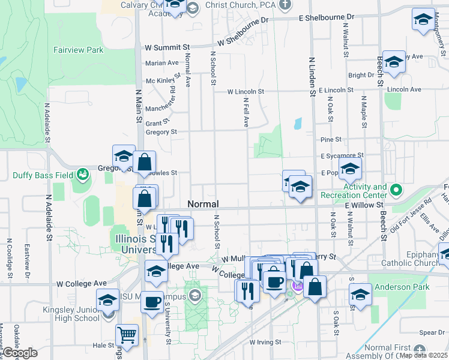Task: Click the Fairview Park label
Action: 78,51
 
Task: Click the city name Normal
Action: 203,204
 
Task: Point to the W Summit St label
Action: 167,46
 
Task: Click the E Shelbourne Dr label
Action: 327,19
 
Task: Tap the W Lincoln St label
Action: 246,92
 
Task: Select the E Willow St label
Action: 364,205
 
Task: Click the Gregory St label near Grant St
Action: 161,132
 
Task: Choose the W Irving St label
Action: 265,342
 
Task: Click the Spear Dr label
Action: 432,332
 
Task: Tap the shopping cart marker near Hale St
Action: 126,334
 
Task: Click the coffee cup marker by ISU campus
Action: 152,301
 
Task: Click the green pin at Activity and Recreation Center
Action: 396,191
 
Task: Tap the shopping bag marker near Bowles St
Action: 145,161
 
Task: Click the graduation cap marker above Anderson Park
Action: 361,295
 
